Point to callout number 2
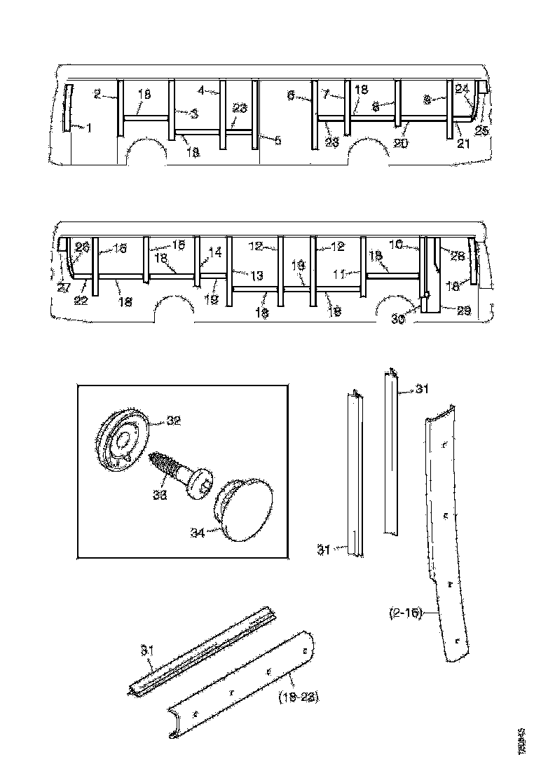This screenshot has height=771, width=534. [97, 93]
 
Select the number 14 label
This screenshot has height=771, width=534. [215, 250]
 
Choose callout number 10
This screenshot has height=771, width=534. [395, 245]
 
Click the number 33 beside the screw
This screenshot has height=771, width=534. [161, 494]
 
